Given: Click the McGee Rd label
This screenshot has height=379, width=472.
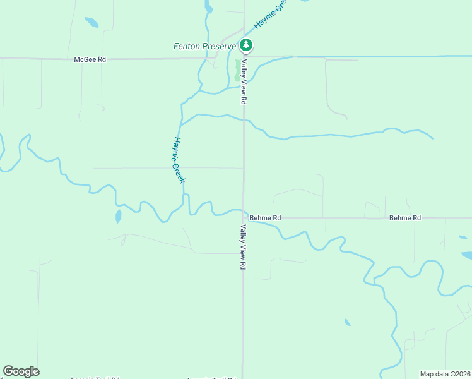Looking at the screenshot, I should (90, 59).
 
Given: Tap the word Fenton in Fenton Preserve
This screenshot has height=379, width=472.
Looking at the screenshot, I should (187, 46).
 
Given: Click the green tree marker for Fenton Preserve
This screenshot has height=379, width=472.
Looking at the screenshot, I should (246, 45).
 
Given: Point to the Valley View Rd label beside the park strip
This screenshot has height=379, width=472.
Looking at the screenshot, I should (242, 81).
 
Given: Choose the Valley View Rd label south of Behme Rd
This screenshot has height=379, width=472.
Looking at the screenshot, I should (242, 247).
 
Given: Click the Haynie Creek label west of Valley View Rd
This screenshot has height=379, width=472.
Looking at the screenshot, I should (179, 160).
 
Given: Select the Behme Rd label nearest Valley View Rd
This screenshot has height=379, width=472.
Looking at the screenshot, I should (265, 218).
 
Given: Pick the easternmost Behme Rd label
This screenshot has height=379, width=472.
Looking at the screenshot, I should (404, 218).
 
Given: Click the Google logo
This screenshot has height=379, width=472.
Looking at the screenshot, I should (21, 371).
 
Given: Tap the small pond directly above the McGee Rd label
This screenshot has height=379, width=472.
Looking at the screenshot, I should (91, 23).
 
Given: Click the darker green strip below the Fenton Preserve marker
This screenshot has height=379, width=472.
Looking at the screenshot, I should (238, 69).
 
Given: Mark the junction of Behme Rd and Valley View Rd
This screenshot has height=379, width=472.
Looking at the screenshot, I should (243, 218).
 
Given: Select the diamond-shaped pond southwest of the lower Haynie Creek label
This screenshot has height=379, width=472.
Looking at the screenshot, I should (119, 217).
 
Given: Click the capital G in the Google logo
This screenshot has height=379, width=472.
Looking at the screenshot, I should (8, 371).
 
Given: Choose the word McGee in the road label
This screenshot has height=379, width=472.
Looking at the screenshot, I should (85, 59).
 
